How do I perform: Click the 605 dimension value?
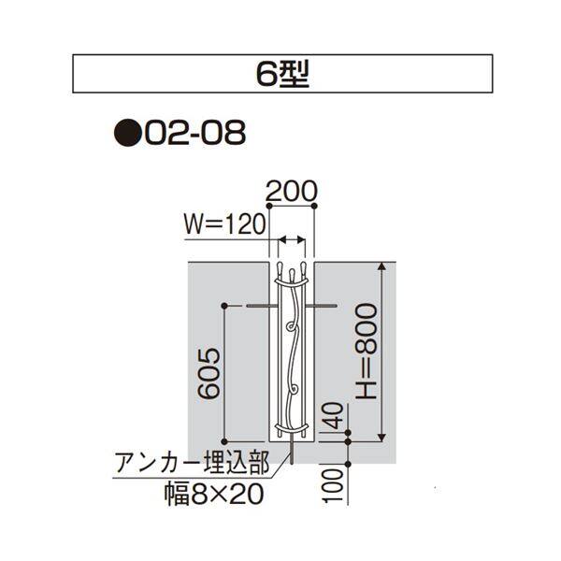[x=209, y=372]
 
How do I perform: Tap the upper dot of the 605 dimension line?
[x=224, y=306]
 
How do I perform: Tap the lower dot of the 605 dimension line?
[x=224, y=439]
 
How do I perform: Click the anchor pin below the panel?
[x=294, y=453]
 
